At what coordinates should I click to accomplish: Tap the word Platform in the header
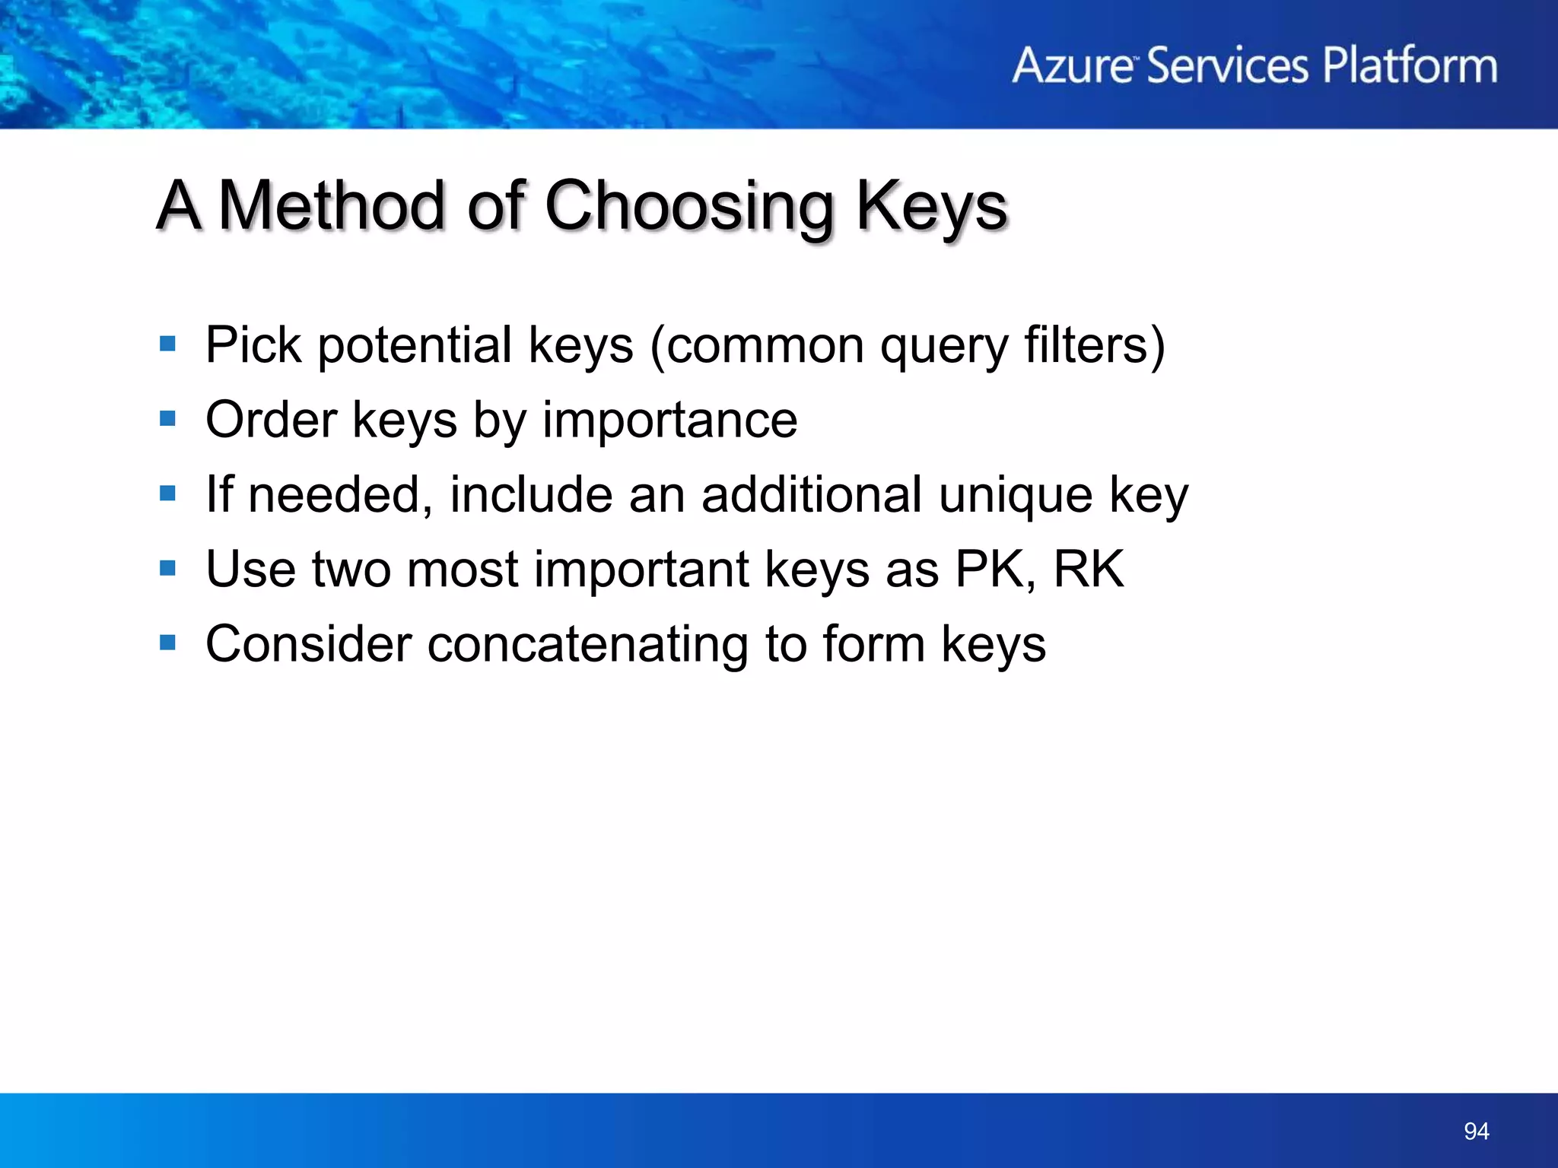pos(1410,65)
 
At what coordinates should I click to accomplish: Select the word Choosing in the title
pos(689,207)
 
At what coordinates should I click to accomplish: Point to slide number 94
pos(1476,1131)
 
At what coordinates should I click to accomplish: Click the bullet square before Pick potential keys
pos(168,344)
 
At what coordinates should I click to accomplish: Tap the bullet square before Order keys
pos(168,419)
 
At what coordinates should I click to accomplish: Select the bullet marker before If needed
pos(168,494)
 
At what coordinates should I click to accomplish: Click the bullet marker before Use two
pos(168,568)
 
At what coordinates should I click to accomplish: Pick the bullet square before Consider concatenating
pos(168,643)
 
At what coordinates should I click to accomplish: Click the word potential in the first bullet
pos(415,346)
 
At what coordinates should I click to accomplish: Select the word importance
pos(669,420)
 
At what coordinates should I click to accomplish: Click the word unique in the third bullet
pos(1016,496)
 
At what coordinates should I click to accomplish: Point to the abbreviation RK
pos(1088,569)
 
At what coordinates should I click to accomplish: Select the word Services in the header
pos(1227,65)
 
